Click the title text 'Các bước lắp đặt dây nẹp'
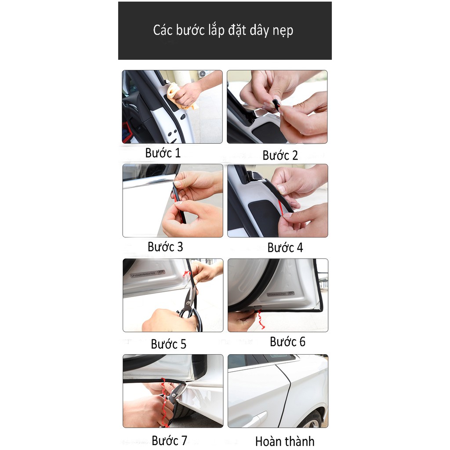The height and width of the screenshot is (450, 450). pyautogui.click(x=223, y=30)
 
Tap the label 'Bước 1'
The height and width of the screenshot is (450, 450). pyautogui.click(x=163, y=153)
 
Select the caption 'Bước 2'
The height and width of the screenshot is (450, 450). pyautogui.click(x=280, y=155)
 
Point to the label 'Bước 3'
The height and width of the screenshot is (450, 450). pyautogui.click(x=165, y=247)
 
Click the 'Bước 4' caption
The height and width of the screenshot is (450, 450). pyautogui.click(x=285, y=247)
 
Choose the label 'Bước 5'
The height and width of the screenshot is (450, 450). pyautogui.click(x=168, y=344)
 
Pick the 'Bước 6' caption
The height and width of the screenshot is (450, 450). pyautogui.click(x=287, y=341)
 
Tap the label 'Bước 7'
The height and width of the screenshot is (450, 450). pyautogui.click(x=169, y=440)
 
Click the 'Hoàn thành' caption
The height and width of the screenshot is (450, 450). pyautogui.click(x=285, y=441)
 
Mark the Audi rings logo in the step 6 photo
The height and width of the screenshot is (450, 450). pyautogui.click(x=291, y=293)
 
